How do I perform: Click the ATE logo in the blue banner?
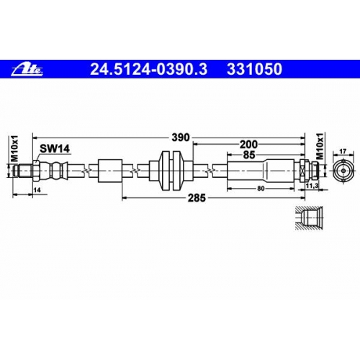click(27, 70)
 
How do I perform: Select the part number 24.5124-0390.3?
click(148, 69)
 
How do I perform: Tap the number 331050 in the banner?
click(254, 69)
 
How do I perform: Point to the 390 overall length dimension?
click(181, 138)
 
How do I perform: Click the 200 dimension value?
click(248, 145)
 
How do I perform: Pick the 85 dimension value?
click(248, 155)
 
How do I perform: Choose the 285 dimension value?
click(197, 198)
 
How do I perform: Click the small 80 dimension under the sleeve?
click(261, 189)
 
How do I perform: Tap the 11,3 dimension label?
click(312, 185)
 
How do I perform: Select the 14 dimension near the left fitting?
click(37, 190)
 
